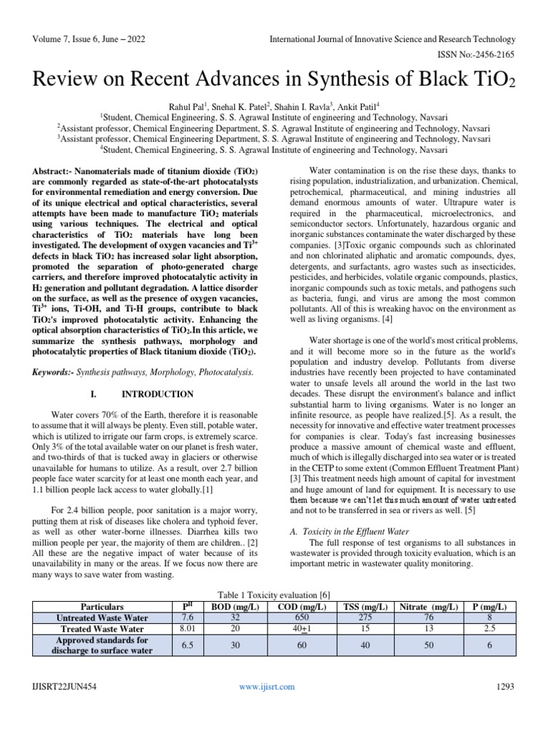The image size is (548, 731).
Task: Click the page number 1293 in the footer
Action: [505, 687]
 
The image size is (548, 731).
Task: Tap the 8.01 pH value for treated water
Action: [187, 629]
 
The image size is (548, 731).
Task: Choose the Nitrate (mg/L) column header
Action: [428, 606]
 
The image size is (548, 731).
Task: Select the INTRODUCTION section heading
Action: [157, 394]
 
